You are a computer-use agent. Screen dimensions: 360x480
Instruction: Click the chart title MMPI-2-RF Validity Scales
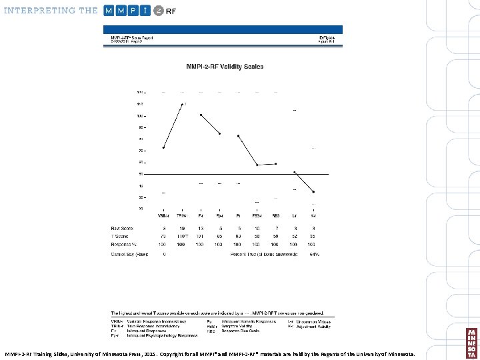pyautogui.click(x=224, y=67)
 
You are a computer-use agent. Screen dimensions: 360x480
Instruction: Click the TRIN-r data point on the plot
pyautogui.click(x=182, y=105)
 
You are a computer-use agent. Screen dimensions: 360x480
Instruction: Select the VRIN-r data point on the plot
pyautogui.click(x=163, y=147)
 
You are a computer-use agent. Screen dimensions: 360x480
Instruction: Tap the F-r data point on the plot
pyautogui.click(x=201, y=115)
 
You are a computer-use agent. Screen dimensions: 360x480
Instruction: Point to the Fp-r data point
pyautogui.click(x=219, y=134)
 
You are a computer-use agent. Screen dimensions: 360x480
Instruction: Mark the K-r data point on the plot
pyautogui.click(x=314, y=192)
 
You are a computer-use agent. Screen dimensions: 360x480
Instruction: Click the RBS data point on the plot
pyautogui.click(x=276, y=163)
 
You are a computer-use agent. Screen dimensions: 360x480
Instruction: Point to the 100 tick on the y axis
pyautogui.click(x=141, y=116)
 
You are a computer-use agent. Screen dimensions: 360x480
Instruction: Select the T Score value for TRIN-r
pyautogui.click(x=182, y=236)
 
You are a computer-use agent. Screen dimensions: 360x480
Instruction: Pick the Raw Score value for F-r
pyautogui.click(x=201, y=228)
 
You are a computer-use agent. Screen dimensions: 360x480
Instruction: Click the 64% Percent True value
pyautogui.click(x=314, y=254)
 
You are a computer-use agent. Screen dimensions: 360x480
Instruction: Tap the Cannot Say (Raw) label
pyautogui.click(x=129, y=254)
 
